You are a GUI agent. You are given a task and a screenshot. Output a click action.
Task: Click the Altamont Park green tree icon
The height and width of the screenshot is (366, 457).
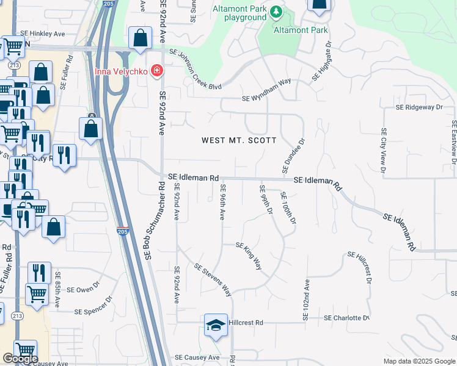[277, 12]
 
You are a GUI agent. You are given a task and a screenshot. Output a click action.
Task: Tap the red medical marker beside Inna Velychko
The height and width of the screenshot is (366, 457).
[157, 71]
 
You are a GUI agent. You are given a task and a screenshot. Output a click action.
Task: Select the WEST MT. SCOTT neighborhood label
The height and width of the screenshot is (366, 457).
[239, 140]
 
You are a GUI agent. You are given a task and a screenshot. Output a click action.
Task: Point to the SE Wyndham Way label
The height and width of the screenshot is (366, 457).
[266, 98]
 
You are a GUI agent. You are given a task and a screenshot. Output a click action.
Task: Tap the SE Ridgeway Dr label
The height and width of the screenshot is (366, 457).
[419, 107]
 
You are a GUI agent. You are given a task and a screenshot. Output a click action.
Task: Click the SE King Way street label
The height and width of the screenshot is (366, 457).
[249, 255]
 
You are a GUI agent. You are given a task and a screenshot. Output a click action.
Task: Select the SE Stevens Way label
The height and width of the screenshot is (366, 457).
[213, 279]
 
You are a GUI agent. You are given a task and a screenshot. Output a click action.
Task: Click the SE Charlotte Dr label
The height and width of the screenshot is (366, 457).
[346, 318]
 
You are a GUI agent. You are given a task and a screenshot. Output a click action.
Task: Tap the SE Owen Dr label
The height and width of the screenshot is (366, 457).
[82, 290]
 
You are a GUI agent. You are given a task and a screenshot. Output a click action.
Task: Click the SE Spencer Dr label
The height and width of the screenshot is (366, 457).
[93, 310]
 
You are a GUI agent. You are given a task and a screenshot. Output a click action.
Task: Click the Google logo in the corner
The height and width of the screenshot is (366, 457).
[20, 359]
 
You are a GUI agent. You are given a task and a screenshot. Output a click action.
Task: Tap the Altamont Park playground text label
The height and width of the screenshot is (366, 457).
[239, 13]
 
